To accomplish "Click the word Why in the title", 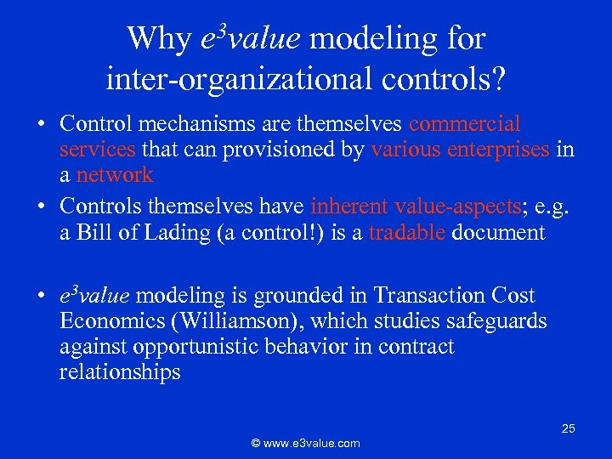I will [x=158, y=39].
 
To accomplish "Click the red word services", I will [x=97, y=150].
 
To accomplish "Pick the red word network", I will [x=115, y=175].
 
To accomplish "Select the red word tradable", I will [x=407, y=233].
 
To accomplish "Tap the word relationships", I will [x=120, y=372].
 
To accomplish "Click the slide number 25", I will [x=568, y=429].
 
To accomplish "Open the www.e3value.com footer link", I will [x=305, y=443].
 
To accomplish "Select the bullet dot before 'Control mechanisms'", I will [x=41, y=125].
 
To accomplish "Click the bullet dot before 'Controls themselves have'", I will [x=41, y=207].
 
